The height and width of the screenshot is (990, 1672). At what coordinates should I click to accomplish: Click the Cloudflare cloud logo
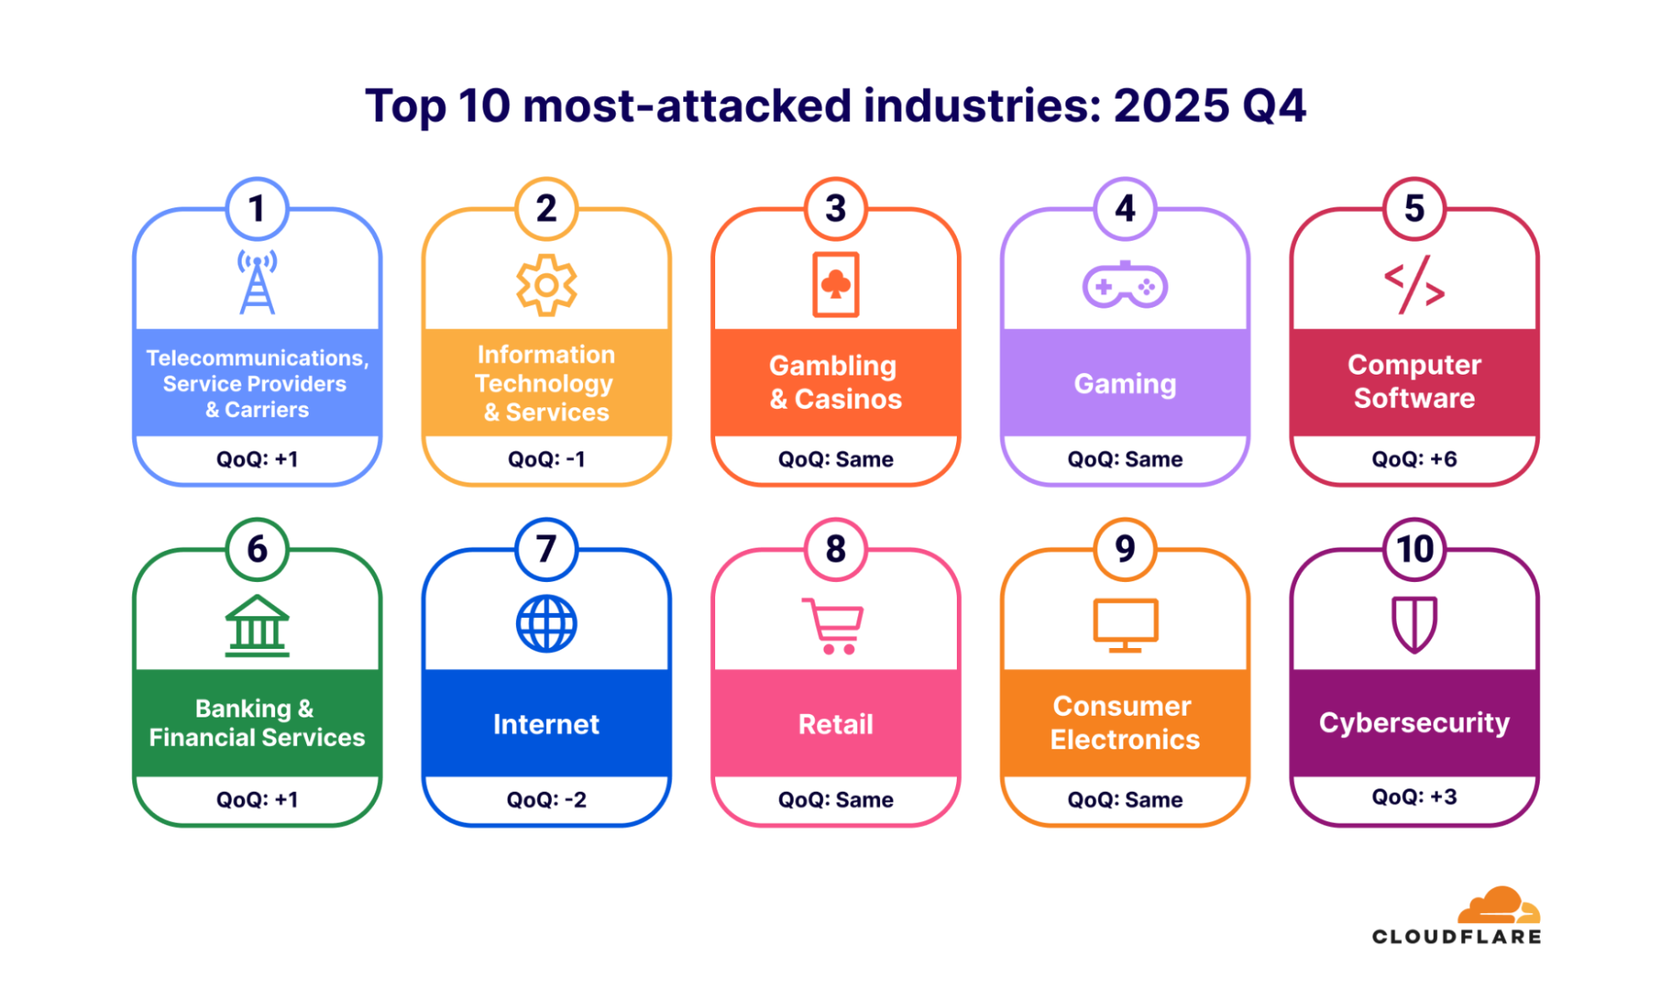[x=1499, y=905]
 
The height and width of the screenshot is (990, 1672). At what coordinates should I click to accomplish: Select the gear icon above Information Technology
[x=546, y=285]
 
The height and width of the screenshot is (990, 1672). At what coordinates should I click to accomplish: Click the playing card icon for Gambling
[x=836, y=285]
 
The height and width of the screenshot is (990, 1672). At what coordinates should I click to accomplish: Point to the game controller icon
[x=1125, y=285]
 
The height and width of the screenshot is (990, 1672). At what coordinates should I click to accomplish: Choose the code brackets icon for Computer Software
[x=1414, y=285]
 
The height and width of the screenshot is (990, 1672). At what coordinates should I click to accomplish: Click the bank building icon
[x=257, y=625]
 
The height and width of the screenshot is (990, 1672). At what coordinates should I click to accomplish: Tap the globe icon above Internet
[x=546, y=624]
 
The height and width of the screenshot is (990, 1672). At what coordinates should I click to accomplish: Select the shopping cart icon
[x=833, y=625]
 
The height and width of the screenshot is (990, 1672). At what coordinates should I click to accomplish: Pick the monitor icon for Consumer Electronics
[x=1125, y=625]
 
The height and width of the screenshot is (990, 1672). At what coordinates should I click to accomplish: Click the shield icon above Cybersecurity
[x=1414, y=624]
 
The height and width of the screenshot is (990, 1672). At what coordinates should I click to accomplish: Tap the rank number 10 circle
[x=1414, y=549]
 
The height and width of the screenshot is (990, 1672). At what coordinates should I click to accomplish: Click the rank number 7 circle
[x=546, y=549]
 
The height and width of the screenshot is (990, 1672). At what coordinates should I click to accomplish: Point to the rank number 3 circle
[x=836, y=209]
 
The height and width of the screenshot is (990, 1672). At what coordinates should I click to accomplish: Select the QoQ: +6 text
[x=1414, y=459]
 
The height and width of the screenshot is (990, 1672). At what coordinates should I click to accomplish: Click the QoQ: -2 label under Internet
[x=546, y=799]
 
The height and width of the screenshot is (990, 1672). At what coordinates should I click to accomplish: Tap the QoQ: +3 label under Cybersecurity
[x=1414, y=797]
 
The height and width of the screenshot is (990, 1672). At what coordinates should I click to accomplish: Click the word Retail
[x=836, y=724]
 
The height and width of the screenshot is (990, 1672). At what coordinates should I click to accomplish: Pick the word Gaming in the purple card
[x=1125, y=384]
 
